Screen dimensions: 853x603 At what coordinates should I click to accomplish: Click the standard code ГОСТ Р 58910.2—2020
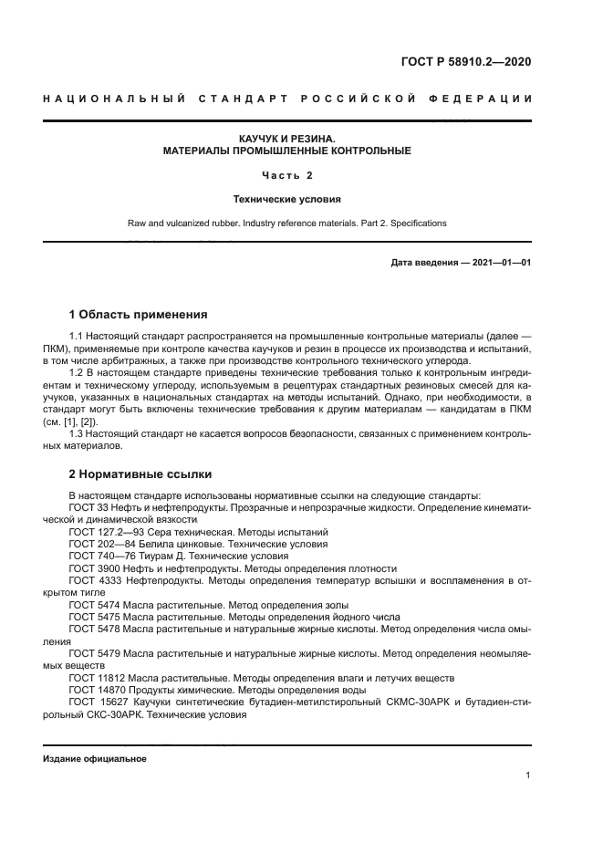[465, 63]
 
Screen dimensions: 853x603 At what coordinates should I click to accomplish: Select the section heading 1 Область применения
[139, 314]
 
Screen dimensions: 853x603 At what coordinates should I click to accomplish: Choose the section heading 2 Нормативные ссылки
[140, 474]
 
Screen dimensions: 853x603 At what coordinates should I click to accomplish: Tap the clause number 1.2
[78, 372]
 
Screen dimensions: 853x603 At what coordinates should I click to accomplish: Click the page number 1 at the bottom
[528, 775]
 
